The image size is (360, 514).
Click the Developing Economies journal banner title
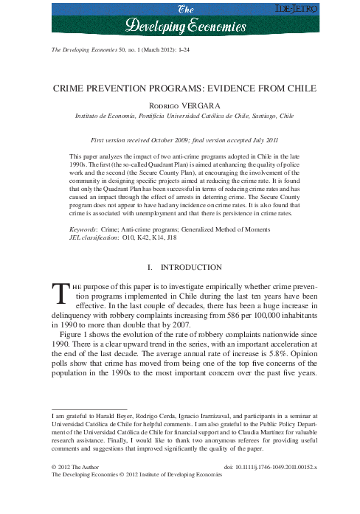185,21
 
